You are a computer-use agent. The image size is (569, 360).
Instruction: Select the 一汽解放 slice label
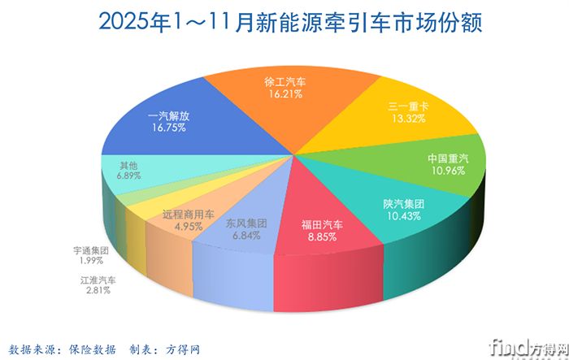170,115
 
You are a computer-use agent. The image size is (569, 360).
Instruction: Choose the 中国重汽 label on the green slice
450,158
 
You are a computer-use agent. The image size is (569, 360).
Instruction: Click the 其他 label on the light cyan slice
128,163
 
